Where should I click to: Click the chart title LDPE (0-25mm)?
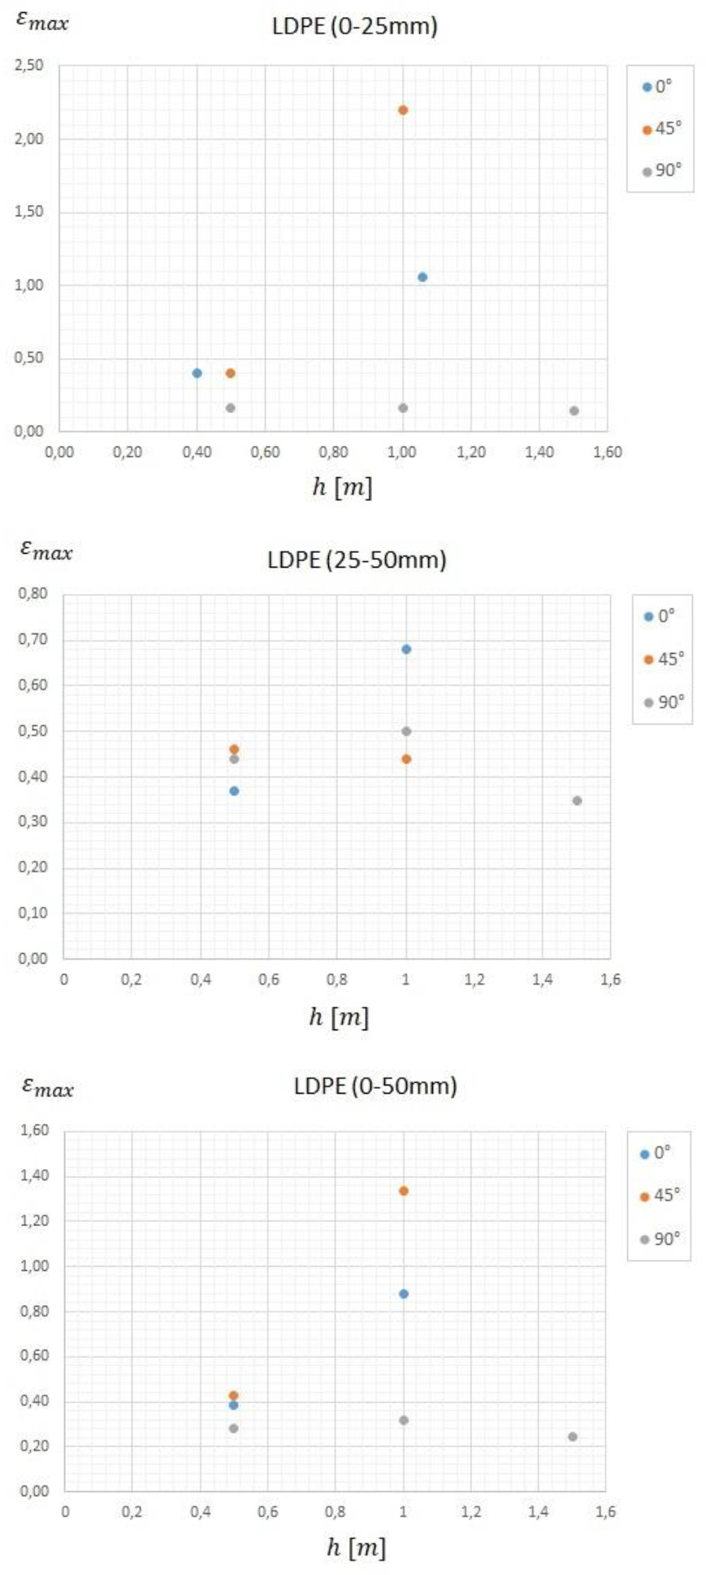click(354, 27)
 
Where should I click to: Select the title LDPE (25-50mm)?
click(357, 560)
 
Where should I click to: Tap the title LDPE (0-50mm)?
click(375, 1086)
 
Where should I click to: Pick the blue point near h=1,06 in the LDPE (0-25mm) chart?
click(422, 277)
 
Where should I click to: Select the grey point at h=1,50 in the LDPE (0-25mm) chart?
click(574, 411)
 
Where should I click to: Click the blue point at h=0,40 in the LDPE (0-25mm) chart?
click(197, 373)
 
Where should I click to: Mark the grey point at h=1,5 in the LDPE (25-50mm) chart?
click(577, 801)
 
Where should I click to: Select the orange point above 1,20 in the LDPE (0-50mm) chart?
click(404, 1191)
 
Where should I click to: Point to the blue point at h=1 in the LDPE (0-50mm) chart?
click(404, 1294)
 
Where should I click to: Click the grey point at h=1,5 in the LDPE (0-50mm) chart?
click(573, 1437)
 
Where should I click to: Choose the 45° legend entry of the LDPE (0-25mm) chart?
click(662, 129)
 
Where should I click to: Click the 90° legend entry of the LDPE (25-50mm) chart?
click(664, 702)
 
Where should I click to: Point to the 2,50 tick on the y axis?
click(29, 66)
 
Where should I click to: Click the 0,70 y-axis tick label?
click(33, 639)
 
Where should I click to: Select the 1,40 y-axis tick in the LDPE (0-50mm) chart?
click(33, 1176)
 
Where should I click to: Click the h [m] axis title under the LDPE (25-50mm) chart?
click(339, 1016)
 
